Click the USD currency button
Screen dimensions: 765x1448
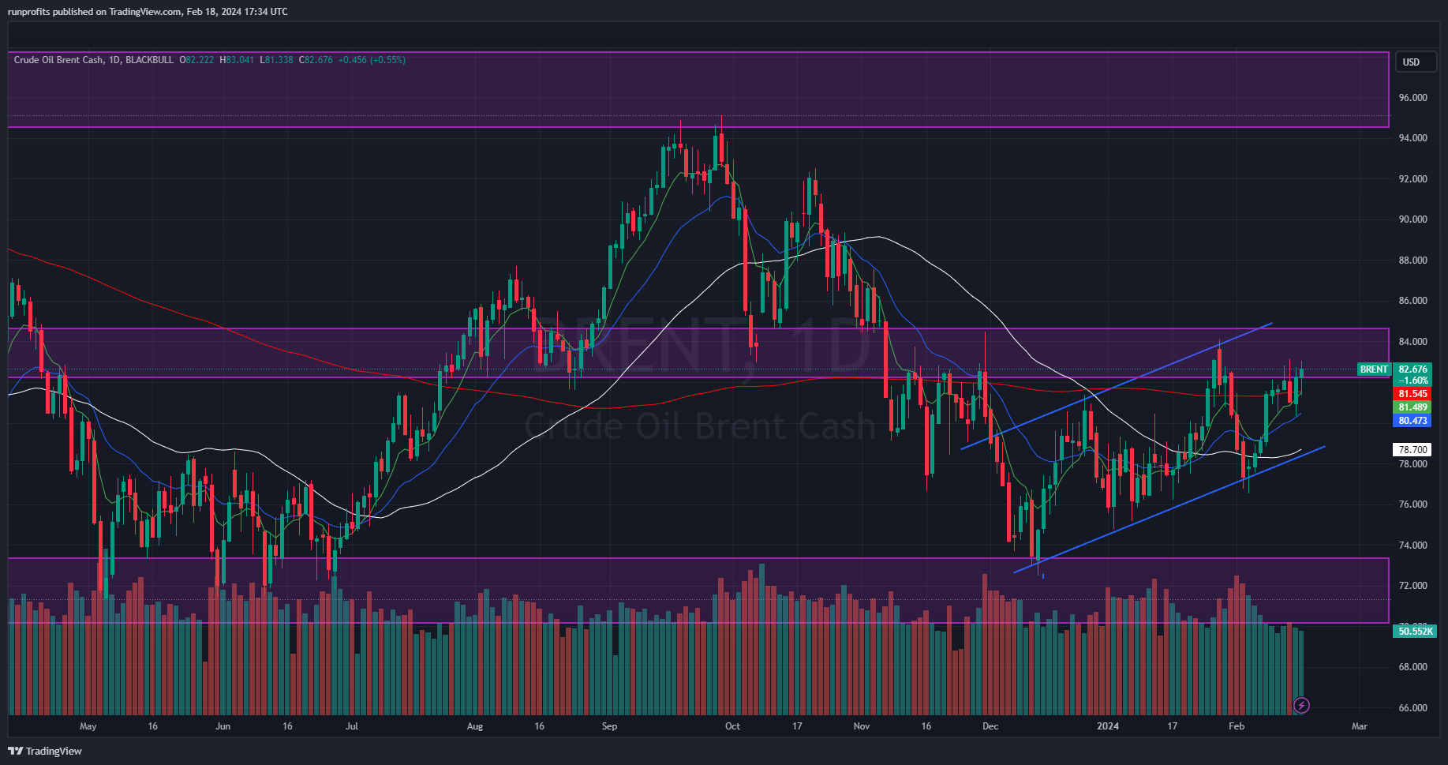[x=1410, y=62]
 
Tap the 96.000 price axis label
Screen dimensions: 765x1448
[x=1412, y=98]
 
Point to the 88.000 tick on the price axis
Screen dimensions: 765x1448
[x=1412, y=261]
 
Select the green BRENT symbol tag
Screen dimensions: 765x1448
[x=1374, y=369]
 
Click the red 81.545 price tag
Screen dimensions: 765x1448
[x=1412, y=394]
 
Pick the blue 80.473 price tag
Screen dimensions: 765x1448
[x=1412, y=421]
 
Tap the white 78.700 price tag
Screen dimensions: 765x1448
[x=1412, y=450]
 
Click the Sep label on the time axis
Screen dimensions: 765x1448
[x=609, y=726]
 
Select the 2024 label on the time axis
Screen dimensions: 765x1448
[x=1108, y=726]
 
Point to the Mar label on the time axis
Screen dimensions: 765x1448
[x=1359, y=726]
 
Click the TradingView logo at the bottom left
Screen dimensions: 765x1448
[x=45, y=751]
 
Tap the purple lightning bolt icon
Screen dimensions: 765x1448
[x=1302, y=705]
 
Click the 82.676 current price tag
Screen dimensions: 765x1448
[x=1412, y=369]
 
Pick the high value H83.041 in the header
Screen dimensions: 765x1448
[x=237, y=60]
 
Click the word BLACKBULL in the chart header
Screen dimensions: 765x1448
[x=149, y=60]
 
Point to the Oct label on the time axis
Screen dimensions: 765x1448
[x=732, y=726]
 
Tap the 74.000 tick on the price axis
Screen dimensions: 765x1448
[x=1412, y=546]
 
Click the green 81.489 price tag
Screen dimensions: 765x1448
[x=1412, y=407]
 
